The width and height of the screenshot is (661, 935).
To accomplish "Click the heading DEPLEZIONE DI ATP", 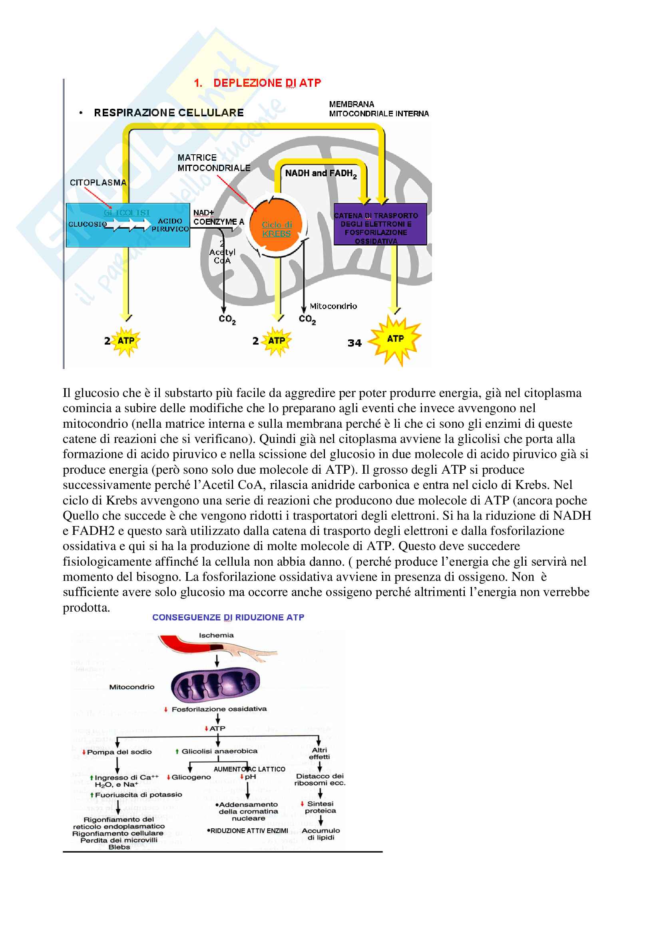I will (x=267, y=83).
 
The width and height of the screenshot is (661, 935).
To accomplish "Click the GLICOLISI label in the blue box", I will (x=127, y=213).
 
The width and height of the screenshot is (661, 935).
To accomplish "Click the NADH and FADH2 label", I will (x=321, y=173).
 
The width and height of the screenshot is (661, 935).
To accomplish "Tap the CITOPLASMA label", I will (x=98, y=182).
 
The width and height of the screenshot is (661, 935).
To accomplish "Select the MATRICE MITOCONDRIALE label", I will (x=214, y=163).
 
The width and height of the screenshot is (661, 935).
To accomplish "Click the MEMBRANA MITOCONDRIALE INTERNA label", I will (x=378, y=109).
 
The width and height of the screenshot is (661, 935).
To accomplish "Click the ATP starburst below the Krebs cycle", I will (x=277, y=341).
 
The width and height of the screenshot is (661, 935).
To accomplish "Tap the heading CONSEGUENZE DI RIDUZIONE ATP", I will (x=228, y=617).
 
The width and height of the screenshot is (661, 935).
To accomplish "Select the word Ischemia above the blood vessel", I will (x=216, y=635).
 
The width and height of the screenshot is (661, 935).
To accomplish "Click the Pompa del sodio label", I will (x=119, y=752).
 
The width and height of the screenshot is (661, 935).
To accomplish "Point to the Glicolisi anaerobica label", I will (x=219, y=751).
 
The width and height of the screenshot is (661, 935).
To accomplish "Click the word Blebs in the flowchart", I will (x=119, y=847).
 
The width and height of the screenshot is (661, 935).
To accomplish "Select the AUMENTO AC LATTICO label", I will (x=249, y=769).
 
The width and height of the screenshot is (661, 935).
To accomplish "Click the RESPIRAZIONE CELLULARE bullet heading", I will (x=169, y=113).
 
